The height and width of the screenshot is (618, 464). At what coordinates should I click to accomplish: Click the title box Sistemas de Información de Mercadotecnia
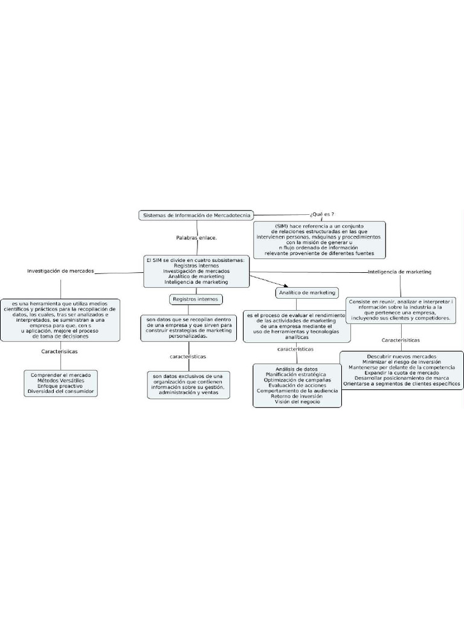coord(196,215)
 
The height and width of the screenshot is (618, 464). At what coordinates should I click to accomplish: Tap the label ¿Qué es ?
coord(322,214)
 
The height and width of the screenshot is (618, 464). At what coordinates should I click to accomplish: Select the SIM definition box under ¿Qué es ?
coord(319,239)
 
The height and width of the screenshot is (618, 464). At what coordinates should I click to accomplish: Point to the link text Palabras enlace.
coord(196,238)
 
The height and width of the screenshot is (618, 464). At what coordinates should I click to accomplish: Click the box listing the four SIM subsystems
coord(196,271)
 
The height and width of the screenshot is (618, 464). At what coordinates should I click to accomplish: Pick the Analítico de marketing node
coord(307,293)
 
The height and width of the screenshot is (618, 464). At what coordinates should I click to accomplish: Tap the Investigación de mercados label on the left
coord(60,271)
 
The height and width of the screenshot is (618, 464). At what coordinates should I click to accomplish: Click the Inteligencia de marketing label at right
coord(399,272)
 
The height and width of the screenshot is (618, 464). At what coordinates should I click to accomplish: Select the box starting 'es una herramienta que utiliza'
coord(60,319)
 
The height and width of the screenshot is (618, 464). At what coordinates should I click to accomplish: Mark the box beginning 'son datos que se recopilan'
coord(188,328)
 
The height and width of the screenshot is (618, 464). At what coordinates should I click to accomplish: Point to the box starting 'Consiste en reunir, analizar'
coord(401,309)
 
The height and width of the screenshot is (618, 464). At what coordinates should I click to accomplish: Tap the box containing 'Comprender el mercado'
coord(61,383)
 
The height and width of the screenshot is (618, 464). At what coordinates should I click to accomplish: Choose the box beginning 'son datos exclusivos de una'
coord(188,384)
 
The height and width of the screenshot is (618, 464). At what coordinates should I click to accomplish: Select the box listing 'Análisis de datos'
coord(297,385)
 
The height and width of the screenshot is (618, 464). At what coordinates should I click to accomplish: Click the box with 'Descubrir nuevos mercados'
coord(401,370)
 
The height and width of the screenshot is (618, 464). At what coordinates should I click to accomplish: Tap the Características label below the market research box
coord(59,351)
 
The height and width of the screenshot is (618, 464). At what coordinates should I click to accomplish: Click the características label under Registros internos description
coord(188,357)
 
